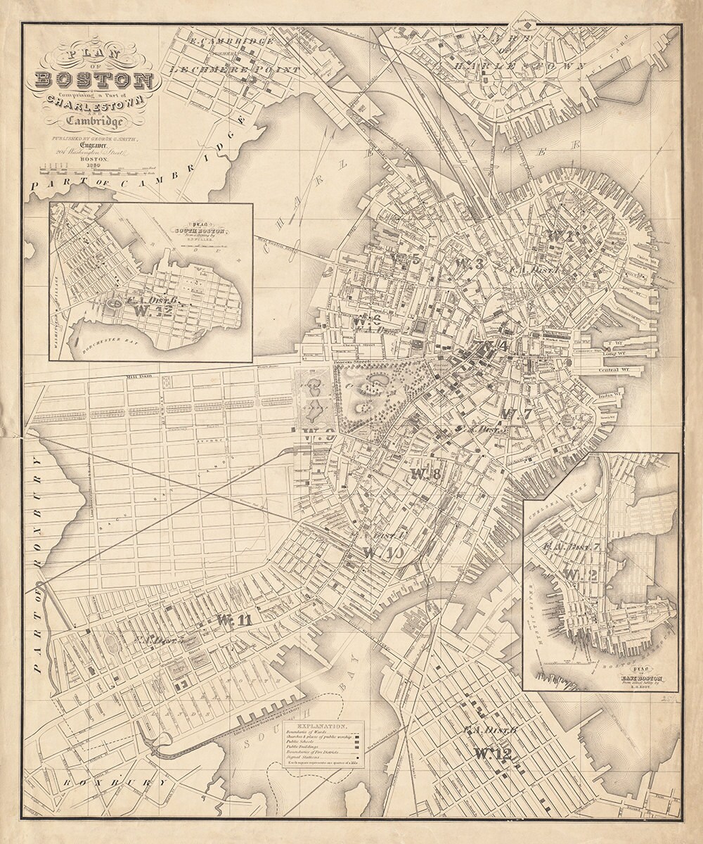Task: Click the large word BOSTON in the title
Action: [x=93, y=79]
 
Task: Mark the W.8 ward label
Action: [x=425, y=473]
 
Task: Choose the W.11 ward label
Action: [x=234, y=620]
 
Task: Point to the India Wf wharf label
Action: [x=605, y=395]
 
